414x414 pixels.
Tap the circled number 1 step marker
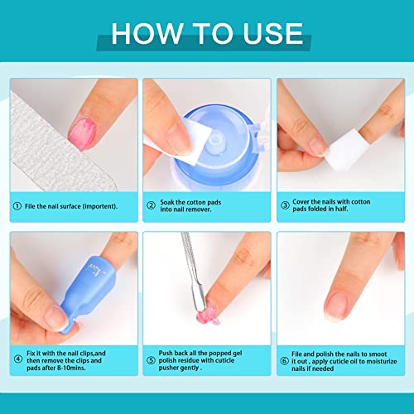[17, 206]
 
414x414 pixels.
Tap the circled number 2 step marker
[151, 206]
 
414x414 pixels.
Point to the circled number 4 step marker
[17, 358]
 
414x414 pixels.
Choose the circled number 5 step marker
[151, 358]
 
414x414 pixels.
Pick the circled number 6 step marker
[284, 358]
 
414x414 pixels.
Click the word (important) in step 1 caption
[99, 206]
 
